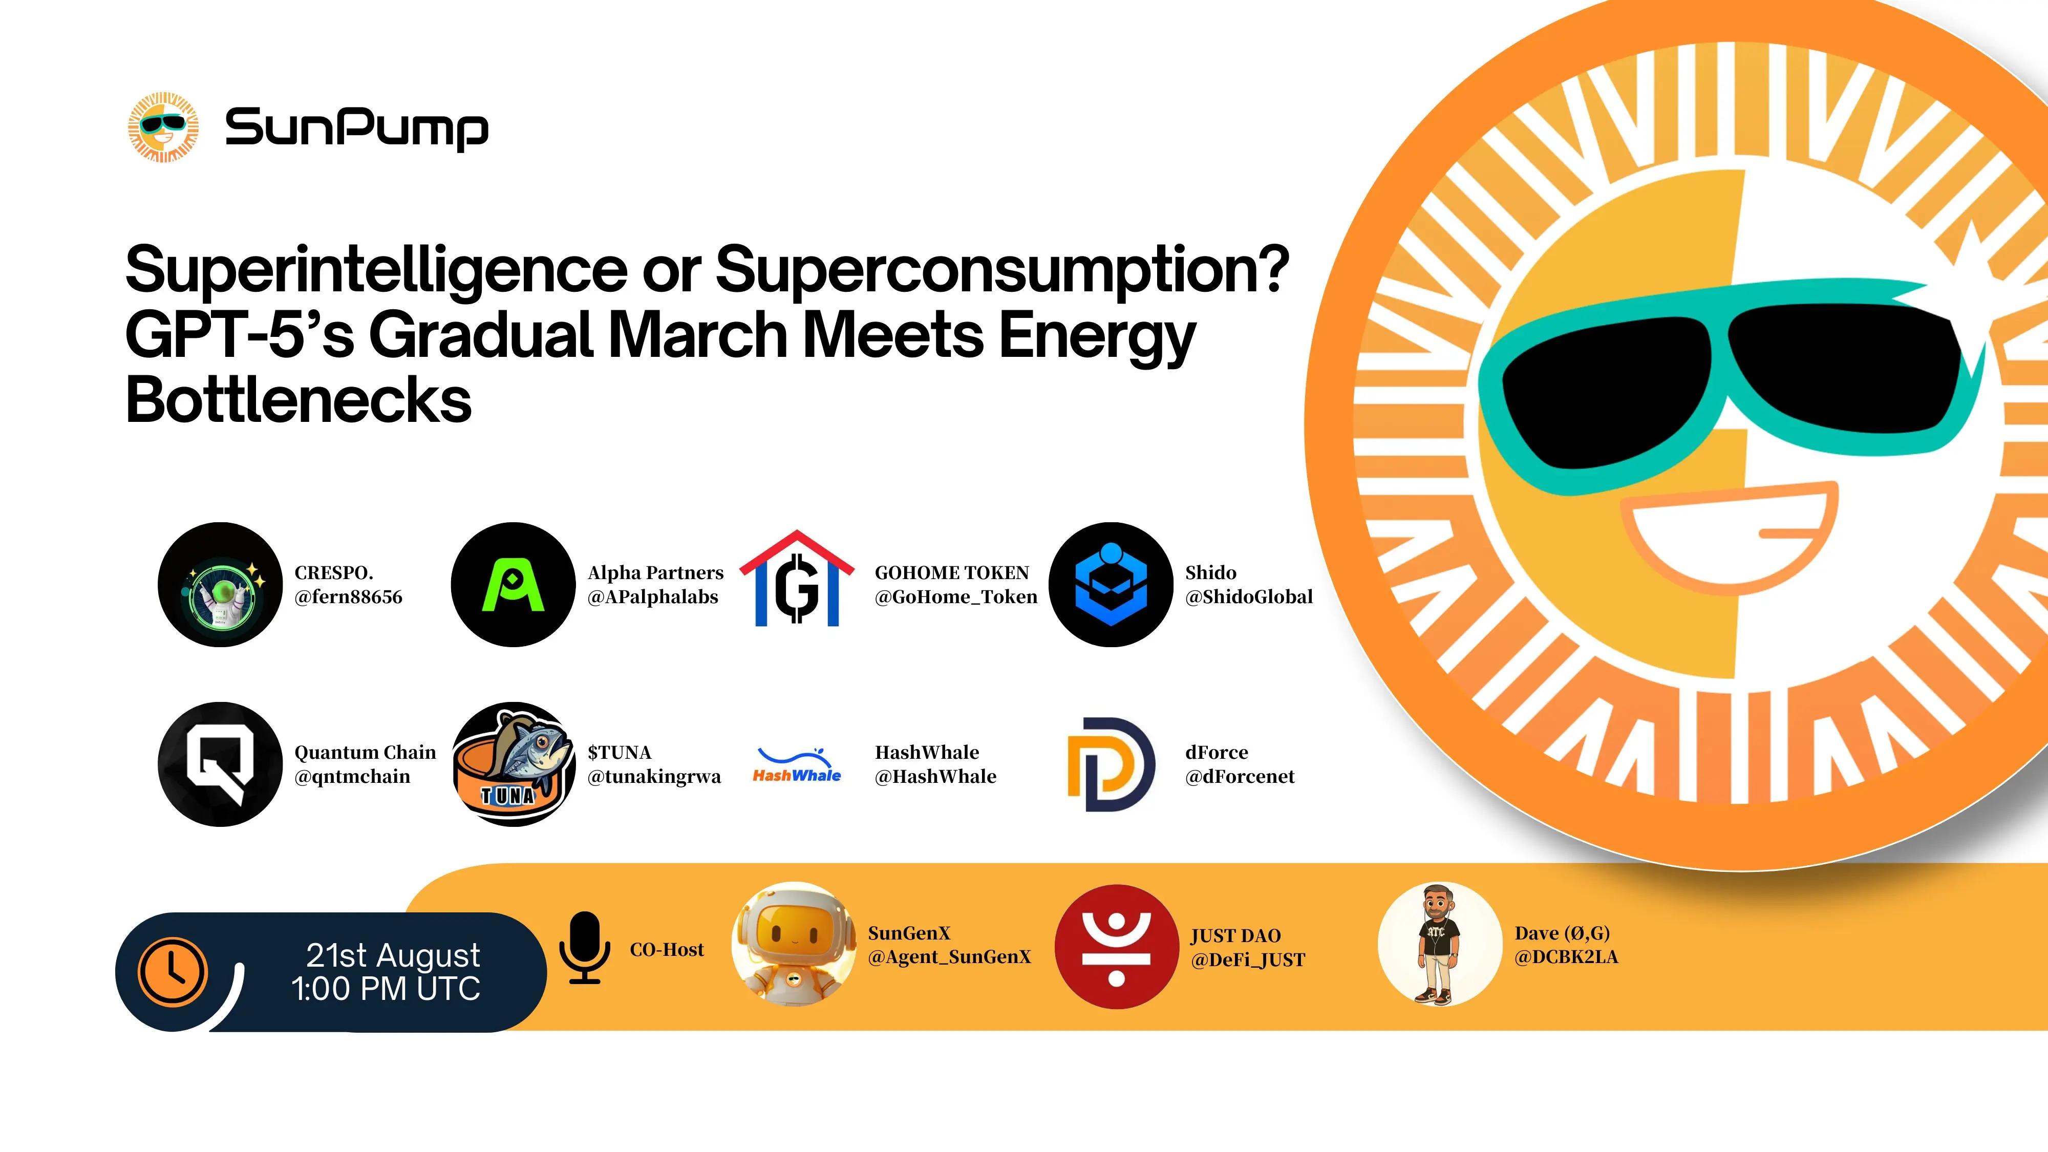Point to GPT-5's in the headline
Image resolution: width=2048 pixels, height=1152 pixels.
pos(239,335)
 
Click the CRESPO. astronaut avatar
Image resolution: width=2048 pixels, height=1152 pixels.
pos(220,584)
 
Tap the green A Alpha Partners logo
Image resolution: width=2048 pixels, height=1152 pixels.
pos(514,584)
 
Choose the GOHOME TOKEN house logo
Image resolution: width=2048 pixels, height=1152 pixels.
pos(797,578)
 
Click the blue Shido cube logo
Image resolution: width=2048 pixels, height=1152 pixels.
pos(1112,584)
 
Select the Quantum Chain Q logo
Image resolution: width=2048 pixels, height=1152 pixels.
pos(220,764)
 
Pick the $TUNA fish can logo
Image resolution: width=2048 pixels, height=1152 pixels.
pos(514,764)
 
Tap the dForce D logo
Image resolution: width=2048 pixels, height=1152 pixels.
pos(1111,764)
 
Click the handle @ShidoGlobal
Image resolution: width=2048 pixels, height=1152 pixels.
pos(1249,597)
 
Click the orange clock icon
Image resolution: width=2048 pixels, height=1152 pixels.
pos(173,972)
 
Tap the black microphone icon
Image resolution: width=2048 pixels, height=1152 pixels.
pos(584,948)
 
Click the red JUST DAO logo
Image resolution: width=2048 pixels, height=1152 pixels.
pos(1116,947)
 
